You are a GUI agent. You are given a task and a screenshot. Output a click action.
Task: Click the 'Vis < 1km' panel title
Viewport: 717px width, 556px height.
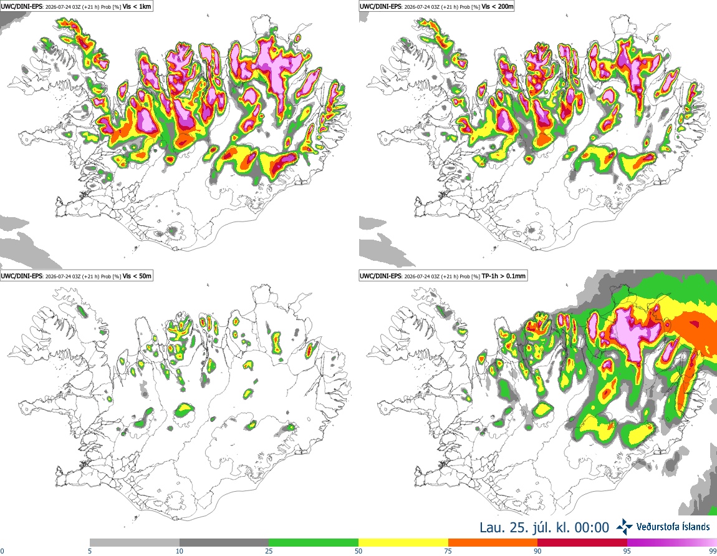pos(137,6)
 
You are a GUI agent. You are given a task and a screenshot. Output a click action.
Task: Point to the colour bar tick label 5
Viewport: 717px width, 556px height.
pos(90,551)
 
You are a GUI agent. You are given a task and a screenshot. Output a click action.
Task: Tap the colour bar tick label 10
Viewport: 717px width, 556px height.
pos(180,551)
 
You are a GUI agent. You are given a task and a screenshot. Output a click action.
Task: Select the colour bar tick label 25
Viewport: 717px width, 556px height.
pos(269,551)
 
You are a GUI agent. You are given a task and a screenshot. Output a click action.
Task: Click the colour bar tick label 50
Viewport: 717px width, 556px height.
pos(358,551)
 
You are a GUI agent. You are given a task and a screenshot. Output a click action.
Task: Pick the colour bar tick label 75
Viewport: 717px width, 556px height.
pos(448,551)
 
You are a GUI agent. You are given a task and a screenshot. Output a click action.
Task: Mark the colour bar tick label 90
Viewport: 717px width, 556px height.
pos(537,551)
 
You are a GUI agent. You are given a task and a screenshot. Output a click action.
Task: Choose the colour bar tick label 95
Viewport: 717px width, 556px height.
pos(627,551)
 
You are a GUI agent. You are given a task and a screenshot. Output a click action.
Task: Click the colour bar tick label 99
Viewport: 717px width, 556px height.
pos(713,551)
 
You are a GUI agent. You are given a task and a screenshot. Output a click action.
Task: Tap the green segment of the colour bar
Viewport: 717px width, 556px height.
pos(314,542)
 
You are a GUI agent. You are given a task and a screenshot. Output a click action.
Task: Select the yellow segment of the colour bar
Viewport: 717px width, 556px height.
pos(403,542)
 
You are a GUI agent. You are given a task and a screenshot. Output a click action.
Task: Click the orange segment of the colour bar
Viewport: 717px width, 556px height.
pos(493,542)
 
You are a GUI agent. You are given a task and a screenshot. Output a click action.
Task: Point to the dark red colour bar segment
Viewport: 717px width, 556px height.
pos(582,542)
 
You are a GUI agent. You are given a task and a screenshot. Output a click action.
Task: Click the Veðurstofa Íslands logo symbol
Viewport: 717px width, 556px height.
pos(624,527)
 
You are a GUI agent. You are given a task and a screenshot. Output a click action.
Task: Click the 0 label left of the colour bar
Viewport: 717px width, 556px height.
pos(2,551)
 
